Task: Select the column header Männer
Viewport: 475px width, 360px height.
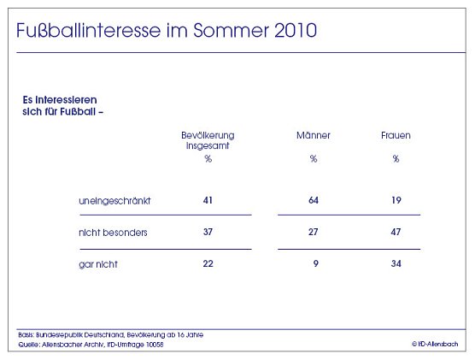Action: [x=314, y=135]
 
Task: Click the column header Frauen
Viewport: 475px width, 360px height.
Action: [x=396, y=135]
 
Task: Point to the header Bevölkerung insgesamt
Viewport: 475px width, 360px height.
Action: [x=208, y=140]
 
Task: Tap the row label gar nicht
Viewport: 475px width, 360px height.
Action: [x=96, y=264]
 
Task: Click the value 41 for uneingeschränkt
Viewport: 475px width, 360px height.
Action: [x=208, y=200]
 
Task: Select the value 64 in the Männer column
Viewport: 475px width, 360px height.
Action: [x=313, y=200]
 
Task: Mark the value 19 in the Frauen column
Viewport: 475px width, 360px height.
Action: [x=396, y=200]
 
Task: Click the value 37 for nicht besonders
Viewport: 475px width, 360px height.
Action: [x=208, y=233]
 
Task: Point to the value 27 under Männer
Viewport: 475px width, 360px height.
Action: [x=313, y=233]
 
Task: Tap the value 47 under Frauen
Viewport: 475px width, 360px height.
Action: [x=396, y=233]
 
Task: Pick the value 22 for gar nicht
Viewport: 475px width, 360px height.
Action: [x=208, y=264]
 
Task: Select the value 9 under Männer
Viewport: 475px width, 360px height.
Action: [x=316, y=264]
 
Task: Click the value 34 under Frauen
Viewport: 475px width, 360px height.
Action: [x=396, y=264]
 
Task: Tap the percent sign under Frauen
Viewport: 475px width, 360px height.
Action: [x=396, y=158]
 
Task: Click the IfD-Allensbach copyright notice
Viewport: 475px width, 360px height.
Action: [x=436, y=343]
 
